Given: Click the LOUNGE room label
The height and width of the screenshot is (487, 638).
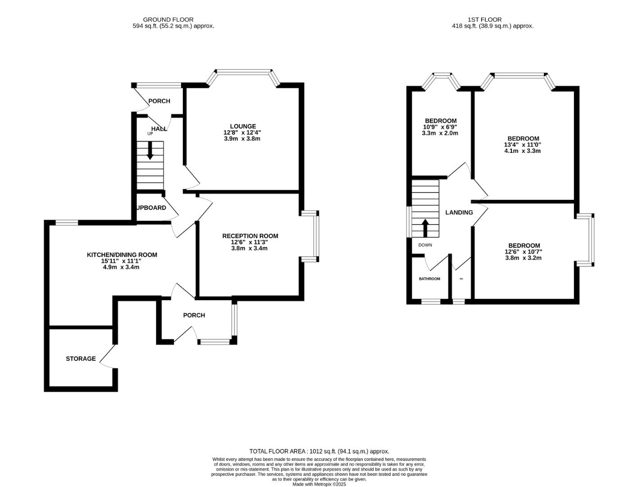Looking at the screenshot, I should coord(243,126).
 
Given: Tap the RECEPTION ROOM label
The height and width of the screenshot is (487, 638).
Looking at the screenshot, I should coord(250,236).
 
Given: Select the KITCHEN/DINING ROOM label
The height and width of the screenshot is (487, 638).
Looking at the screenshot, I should coord(122,255).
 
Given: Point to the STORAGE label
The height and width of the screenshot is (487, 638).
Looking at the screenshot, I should coord(81,358).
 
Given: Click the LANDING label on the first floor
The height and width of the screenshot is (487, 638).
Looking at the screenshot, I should coord(459,212).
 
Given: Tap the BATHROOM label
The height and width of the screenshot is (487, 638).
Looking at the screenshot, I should coord(429,279).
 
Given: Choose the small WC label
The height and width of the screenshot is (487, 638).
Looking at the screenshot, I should coord(461,279).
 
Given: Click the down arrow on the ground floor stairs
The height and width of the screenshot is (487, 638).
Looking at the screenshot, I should coord(150,151).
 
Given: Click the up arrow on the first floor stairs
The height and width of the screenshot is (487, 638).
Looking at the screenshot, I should coord(425,228).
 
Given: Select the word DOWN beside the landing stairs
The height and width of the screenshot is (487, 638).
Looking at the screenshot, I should coord(425,245).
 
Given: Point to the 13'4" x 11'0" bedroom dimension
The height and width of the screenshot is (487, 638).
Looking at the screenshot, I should coord(522,145).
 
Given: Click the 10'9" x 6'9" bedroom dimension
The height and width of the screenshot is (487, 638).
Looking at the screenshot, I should coord(441,127).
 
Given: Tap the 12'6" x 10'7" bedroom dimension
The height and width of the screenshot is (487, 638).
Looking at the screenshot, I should coord(523,252).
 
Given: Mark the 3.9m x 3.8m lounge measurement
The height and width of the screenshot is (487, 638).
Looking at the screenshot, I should coord(242,139).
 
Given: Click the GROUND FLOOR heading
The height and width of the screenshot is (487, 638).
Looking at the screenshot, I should coord(168,19).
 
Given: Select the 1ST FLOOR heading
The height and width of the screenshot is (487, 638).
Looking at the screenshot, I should coord(484,19).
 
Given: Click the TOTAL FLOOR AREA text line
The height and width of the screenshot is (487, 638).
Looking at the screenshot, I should coord(319,451).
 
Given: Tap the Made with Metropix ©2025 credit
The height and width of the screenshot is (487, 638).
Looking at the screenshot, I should coord(319,484).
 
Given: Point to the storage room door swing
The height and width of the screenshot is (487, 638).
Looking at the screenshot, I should coord(107,357).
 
